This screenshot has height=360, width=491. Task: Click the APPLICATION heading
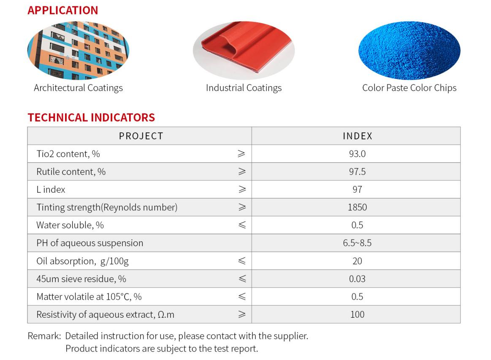[62, 10]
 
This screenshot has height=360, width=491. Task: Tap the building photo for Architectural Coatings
[78, 51]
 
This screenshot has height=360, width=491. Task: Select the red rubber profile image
[244, 50]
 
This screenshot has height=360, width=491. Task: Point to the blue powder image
[409, 51]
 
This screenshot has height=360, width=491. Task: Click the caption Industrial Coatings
[244, 88]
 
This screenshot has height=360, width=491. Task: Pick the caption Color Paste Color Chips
[409, 88]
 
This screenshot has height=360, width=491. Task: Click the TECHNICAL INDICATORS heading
[91, 117]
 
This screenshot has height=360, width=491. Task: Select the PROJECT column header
[141, 136]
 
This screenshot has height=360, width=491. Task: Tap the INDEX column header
[357, 136]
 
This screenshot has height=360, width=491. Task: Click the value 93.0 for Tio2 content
[357, 154]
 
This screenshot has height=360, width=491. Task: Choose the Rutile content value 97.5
[357, 172]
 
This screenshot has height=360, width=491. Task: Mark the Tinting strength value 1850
[357, 207]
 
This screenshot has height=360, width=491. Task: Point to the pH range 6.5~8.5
[357, 243]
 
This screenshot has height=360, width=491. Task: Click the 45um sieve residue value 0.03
[357, 279]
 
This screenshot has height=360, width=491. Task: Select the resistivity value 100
[357, 314]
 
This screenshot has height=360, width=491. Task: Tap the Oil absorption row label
[82, 261]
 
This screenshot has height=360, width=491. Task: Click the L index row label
[51, 189]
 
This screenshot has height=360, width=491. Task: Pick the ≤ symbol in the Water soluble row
[241, 225]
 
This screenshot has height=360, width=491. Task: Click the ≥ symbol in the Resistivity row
[241, 314]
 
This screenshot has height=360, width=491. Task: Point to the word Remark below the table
[44, 336]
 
